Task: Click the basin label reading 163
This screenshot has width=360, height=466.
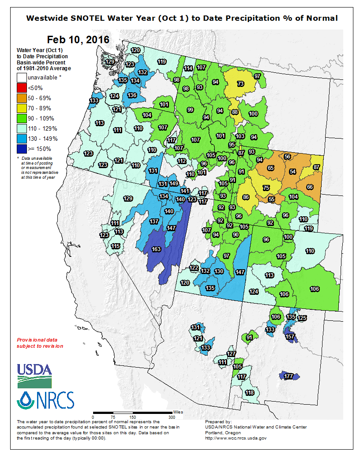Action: [x=156, y=249]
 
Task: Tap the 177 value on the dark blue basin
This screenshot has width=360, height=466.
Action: [x=289, y=376]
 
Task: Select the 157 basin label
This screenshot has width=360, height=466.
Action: [x=290, y=337]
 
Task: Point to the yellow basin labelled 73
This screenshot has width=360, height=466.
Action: [x=240, y=83]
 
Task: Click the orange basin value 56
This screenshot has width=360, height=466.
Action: [x=287, y=157]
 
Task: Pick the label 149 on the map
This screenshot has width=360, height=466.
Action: [x=174, y=184]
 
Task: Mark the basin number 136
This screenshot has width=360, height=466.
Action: [x=131, y=95]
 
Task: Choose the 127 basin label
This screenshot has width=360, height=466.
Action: [x=231, y=354]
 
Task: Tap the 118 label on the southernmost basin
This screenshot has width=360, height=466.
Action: [x=250, y=393]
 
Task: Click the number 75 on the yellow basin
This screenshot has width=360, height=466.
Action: [x=266, y=188]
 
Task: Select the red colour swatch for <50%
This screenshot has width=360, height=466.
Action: [x=22, y=88]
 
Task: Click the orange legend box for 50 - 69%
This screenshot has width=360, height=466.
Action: [x=22, y=98]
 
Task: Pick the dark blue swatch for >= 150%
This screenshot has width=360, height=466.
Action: [x=22, y=149]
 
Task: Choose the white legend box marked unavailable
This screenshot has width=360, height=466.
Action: [x=22, y=78]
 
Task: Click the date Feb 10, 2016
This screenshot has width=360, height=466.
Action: [x=77, y=40]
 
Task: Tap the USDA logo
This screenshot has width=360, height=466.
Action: [x=34, y=375]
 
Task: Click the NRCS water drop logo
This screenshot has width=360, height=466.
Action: [x=45, y=401]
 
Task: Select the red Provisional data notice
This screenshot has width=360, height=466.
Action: [x=40, y=343]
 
